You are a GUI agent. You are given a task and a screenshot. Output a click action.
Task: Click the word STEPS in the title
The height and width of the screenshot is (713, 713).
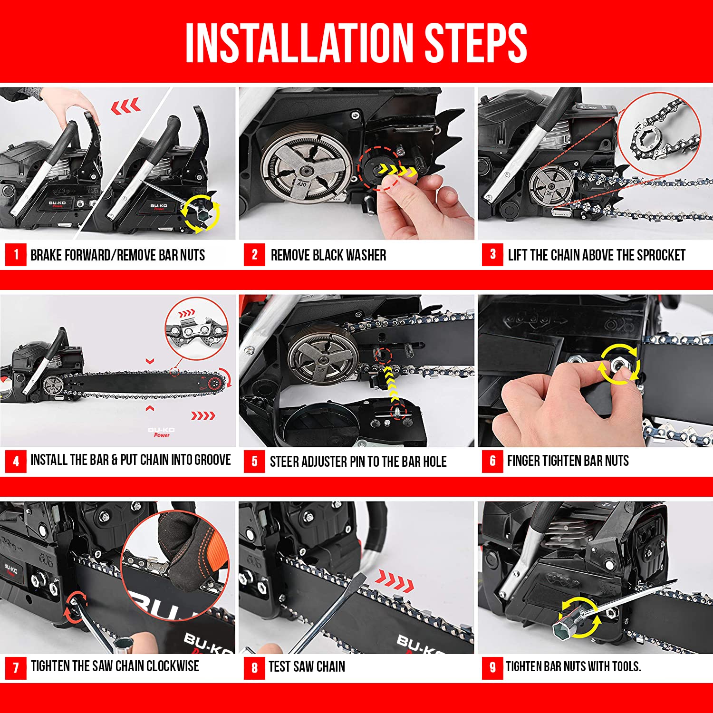tap(475, 43)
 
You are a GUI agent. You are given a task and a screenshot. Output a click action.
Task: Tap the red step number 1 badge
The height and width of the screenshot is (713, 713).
tap(16, 255)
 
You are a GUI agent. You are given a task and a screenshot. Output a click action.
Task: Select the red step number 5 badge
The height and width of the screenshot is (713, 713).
tap(254, 461)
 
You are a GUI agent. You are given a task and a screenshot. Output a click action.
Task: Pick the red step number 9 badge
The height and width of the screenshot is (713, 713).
tap(492, 667)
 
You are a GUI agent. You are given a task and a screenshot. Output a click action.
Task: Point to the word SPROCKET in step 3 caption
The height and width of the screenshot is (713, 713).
tap(661, 255)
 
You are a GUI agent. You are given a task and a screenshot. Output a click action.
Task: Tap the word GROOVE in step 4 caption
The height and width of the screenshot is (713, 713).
tap(212, 460)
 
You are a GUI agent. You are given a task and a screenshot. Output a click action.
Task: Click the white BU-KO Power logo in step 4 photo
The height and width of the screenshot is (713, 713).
tap(161, 432)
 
